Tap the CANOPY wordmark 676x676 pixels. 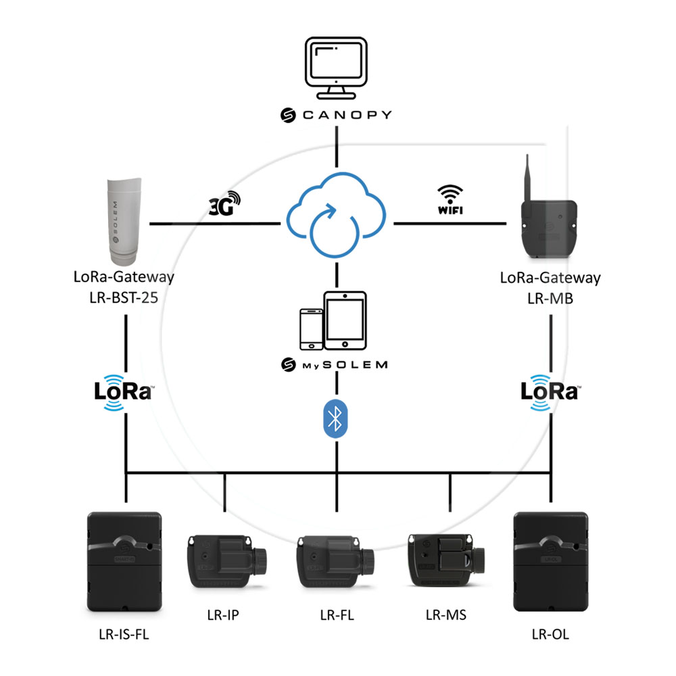[336, 115]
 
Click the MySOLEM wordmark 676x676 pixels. [336, 365]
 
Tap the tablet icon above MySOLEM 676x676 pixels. [345, 320]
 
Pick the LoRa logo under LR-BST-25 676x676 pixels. [123, 392]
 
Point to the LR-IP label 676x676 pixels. [223, 615]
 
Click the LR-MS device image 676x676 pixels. [446, 560]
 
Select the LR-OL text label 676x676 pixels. [550, 634]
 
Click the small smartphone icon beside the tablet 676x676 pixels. [311, 329]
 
